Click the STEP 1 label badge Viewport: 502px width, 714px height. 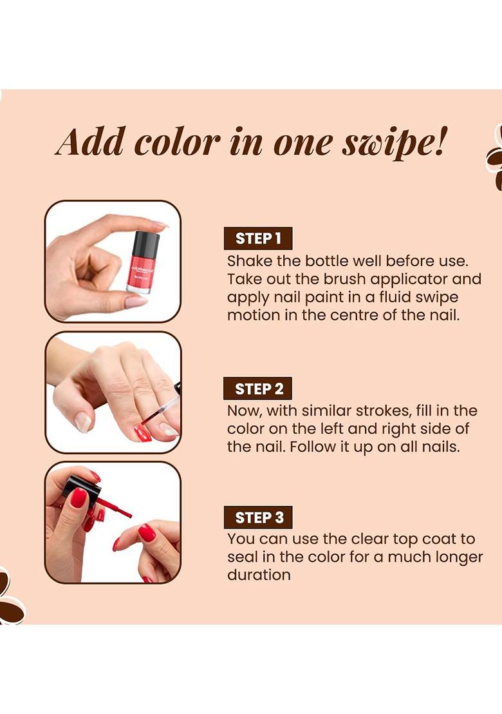[257, 238]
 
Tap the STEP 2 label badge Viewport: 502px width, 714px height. [257, 389]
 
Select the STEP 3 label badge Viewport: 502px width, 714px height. [257, 517]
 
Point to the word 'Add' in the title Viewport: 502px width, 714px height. [91, 142]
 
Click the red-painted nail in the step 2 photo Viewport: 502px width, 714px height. [142, 433]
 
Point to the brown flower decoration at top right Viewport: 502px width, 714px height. [495, 158]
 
